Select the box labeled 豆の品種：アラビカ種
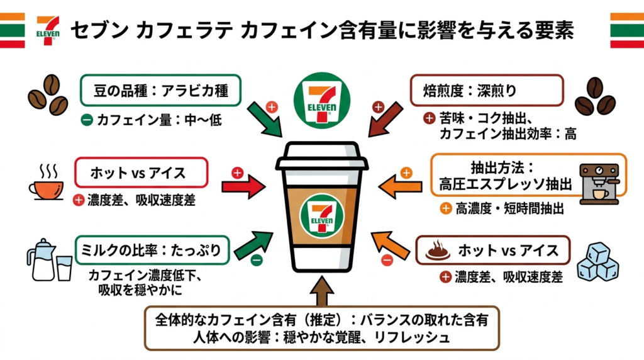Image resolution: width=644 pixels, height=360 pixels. tap(162, 93)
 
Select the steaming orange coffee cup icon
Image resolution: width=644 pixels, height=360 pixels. tap(45, 183)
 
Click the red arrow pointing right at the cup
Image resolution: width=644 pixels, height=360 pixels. tap(246, 187)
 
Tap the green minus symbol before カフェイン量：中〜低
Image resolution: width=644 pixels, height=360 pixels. tap(87, 120)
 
